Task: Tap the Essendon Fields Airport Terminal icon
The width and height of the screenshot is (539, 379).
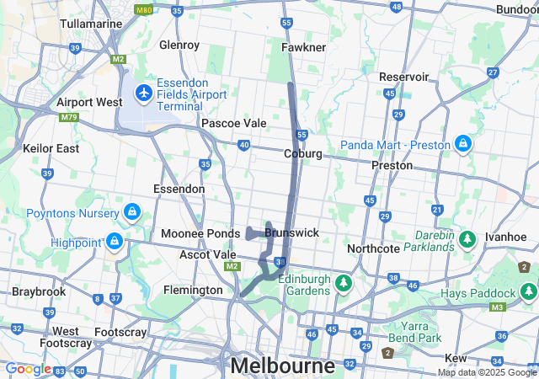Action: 143,91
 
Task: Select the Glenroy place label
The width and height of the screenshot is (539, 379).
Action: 179,44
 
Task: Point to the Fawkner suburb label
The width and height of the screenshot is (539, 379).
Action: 304,47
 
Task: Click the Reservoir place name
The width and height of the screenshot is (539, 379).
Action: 404,77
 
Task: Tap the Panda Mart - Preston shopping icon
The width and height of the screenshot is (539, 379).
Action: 462,144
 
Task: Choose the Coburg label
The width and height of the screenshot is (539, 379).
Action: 303,153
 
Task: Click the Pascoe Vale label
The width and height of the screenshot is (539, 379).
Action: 233,123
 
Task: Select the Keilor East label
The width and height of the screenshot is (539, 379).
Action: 51,148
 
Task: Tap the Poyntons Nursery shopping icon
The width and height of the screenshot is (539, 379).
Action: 131,211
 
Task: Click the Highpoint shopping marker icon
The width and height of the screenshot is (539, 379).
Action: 114,243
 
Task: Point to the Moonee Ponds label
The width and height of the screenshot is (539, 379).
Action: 200,232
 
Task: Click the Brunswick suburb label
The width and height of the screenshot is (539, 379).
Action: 291,232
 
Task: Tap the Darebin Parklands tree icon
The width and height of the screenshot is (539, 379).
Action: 467,241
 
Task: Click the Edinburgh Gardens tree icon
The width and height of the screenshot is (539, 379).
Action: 343,282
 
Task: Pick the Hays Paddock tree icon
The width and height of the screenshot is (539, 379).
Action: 528,292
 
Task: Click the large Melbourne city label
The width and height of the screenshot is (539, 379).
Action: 282,366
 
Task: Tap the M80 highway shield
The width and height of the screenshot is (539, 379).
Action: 144,10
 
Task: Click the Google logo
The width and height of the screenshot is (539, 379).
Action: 29,369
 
